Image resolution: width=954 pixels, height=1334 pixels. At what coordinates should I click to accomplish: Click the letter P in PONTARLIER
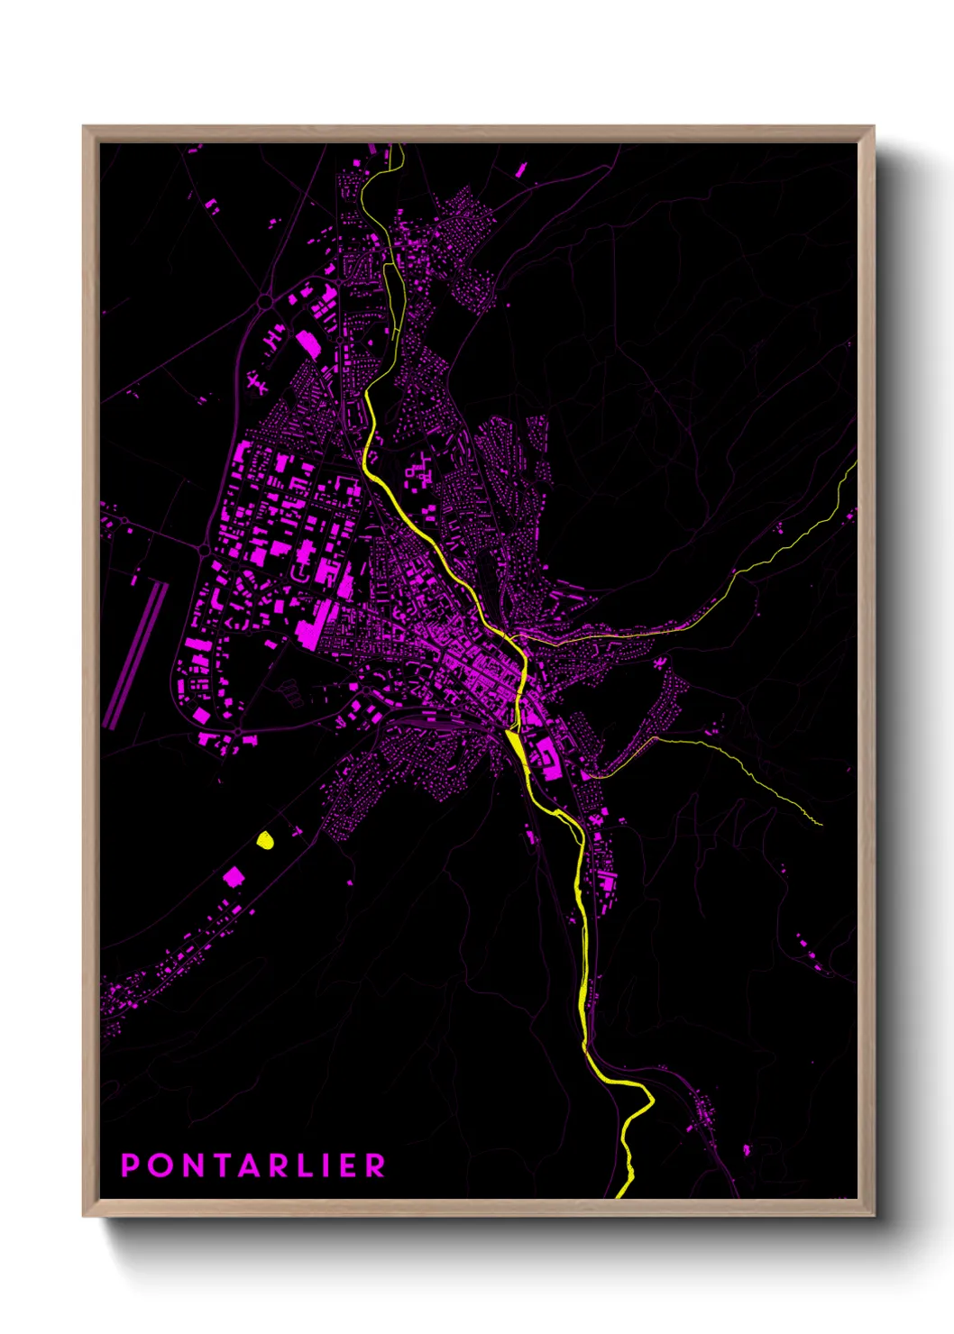131,1165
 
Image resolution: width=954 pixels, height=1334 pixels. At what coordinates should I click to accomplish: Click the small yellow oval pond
264,840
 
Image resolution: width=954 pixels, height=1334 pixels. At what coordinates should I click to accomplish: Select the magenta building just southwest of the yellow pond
234,875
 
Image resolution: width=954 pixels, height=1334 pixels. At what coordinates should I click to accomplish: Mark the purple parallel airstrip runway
135,653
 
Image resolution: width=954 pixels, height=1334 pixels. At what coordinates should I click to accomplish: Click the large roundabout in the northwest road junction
265,302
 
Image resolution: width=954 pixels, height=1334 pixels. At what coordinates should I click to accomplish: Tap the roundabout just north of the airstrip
204,548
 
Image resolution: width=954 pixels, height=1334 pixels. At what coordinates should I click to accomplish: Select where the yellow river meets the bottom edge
620,1195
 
